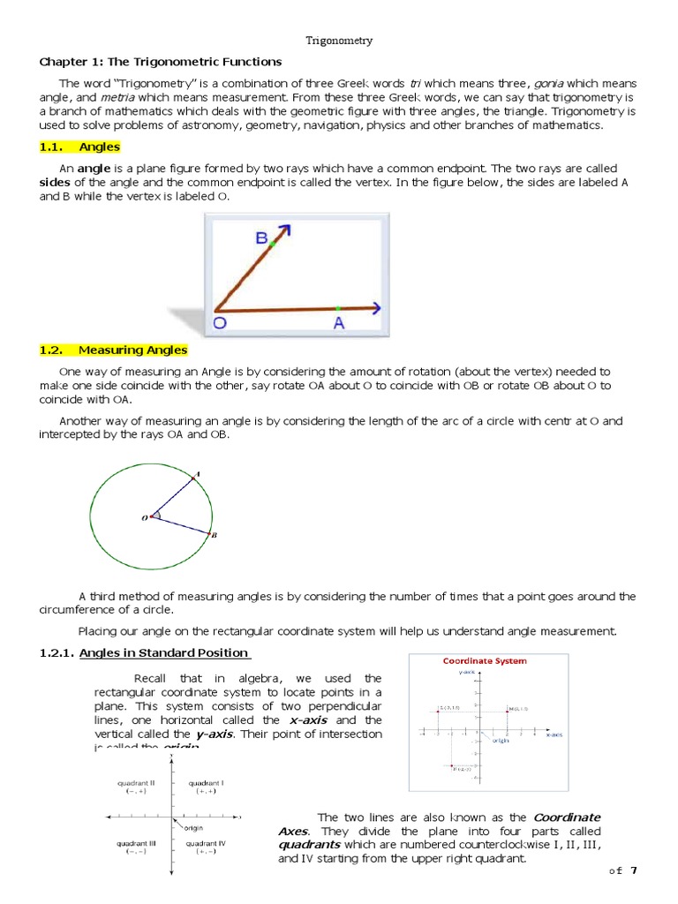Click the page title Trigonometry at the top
click(339, 41)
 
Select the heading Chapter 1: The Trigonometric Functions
click(160, 62)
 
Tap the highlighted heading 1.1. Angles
click(80, 147)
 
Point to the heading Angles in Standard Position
click(164, 652)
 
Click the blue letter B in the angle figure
click(262, 238)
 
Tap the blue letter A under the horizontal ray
click(338, 324)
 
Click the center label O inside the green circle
click(145, 518)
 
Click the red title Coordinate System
click(484, 660)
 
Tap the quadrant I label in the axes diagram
click(206, 782)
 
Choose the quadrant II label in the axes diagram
click(136, 782)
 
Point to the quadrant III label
click(136, 843)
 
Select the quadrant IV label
click(206, 843)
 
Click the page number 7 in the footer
click(631, 870)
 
